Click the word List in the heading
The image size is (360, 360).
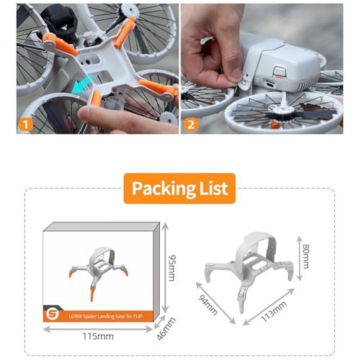point(211,189)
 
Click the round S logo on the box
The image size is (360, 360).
point(54,314)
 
